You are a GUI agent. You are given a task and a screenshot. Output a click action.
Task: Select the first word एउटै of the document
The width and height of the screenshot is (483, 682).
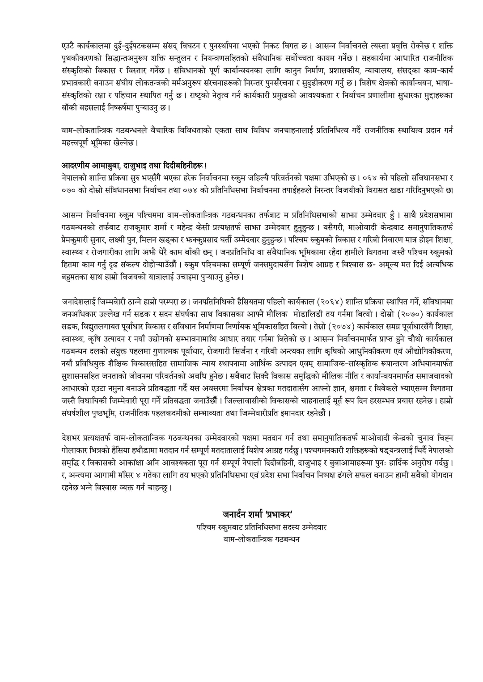coord(69,46)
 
